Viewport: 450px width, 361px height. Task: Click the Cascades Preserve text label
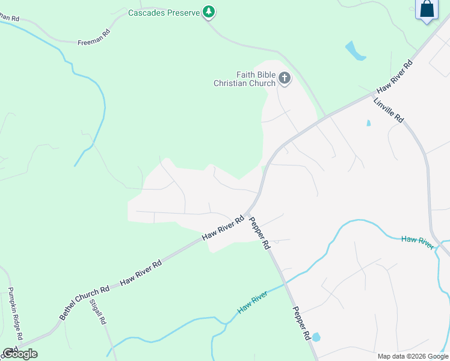pyautogui.click(x=164, y=13)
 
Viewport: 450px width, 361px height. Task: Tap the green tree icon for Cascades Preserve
pyautogui.click(x=209, y=11)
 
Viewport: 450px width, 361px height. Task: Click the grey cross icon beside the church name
pyautogui.click(x=284, y=78)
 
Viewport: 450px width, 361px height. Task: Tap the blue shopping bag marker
pyautogui.click(x=427, y=10)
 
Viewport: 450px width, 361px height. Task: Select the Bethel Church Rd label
pyautogui.click(x=84, y=303)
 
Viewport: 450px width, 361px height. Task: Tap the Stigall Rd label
pyautogui.click(x=98, y=312)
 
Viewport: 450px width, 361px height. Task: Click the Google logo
pyautogui.click(x=20, y=354)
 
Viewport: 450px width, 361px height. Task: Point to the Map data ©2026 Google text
pyautogui.click(x=413, y=356)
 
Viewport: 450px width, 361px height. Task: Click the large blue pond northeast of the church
pyautogui.click(x=355, y=51)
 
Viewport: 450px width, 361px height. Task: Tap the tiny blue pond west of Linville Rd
pyautogui.click(x=368, y=123)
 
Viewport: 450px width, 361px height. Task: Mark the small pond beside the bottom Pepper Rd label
pyautogui.click(x=316, y=337)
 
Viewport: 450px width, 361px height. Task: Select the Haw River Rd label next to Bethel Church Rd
pyautogui.click(x=141, y=273)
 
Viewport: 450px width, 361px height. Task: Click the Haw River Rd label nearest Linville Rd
pyautogui.click(x=394, y=76)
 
